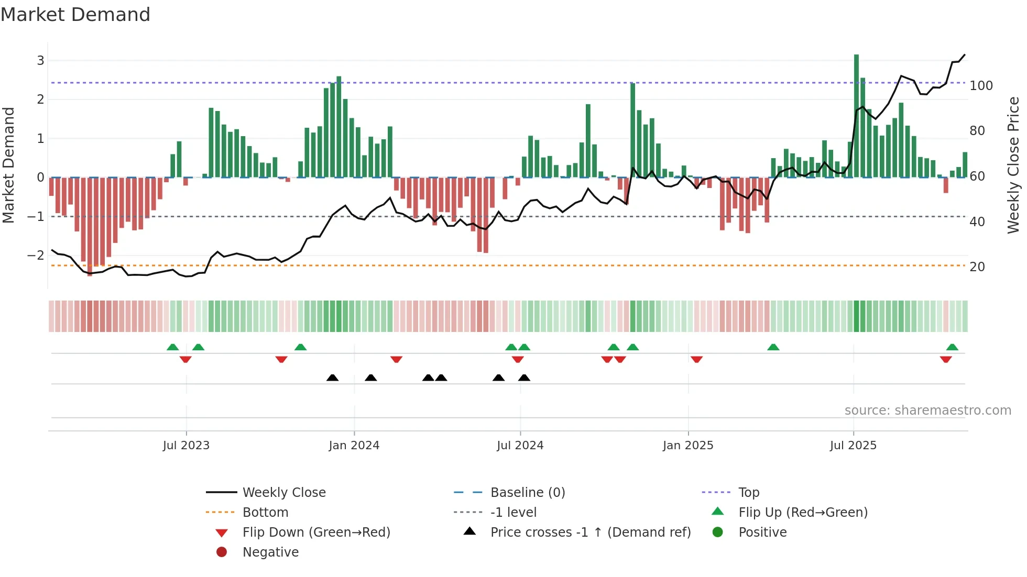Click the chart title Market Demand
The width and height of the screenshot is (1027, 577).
[75, 15]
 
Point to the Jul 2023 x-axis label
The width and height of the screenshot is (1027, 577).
[186, 446]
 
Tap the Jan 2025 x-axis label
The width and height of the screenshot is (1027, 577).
[687, 446]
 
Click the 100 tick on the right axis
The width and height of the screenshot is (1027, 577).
[981, 85]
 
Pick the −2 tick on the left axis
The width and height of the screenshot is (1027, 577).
[36, 256]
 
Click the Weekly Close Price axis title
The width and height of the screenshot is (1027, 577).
[1013, 165]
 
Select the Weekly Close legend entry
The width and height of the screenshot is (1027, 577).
[283, 493]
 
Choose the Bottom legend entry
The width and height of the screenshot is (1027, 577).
[265, 513]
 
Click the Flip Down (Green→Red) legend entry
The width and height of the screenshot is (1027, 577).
[316, 532]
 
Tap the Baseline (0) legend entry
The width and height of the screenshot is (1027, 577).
[527, 493]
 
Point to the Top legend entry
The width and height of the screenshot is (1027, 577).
[749, 493]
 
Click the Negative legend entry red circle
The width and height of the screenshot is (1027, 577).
[222, 552]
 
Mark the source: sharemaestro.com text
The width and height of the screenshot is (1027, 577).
[927, 410]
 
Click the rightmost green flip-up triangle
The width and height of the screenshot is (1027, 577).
[952, 347]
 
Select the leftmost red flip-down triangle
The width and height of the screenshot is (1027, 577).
[185, 359]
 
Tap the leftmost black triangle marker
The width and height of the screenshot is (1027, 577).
[332, 378]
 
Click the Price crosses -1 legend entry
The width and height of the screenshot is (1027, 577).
[590, 532]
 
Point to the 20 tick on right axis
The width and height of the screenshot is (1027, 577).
[977, 267]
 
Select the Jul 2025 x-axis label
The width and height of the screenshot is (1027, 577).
[853, 446]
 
